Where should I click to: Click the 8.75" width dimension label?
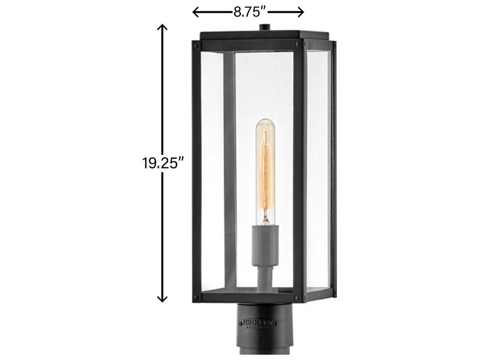[250, 12]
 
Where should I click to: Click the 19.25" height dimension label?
[163, 163]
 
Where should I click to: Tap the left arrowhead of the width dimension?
[195, 12]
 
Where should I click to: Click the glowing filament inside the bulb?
[266, 167]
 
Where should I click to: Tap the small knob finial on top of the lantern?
[265, 27]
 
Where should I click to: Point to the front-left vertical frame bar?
[196, 170]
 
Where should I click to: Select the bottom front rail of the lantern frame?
[248, 298]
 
